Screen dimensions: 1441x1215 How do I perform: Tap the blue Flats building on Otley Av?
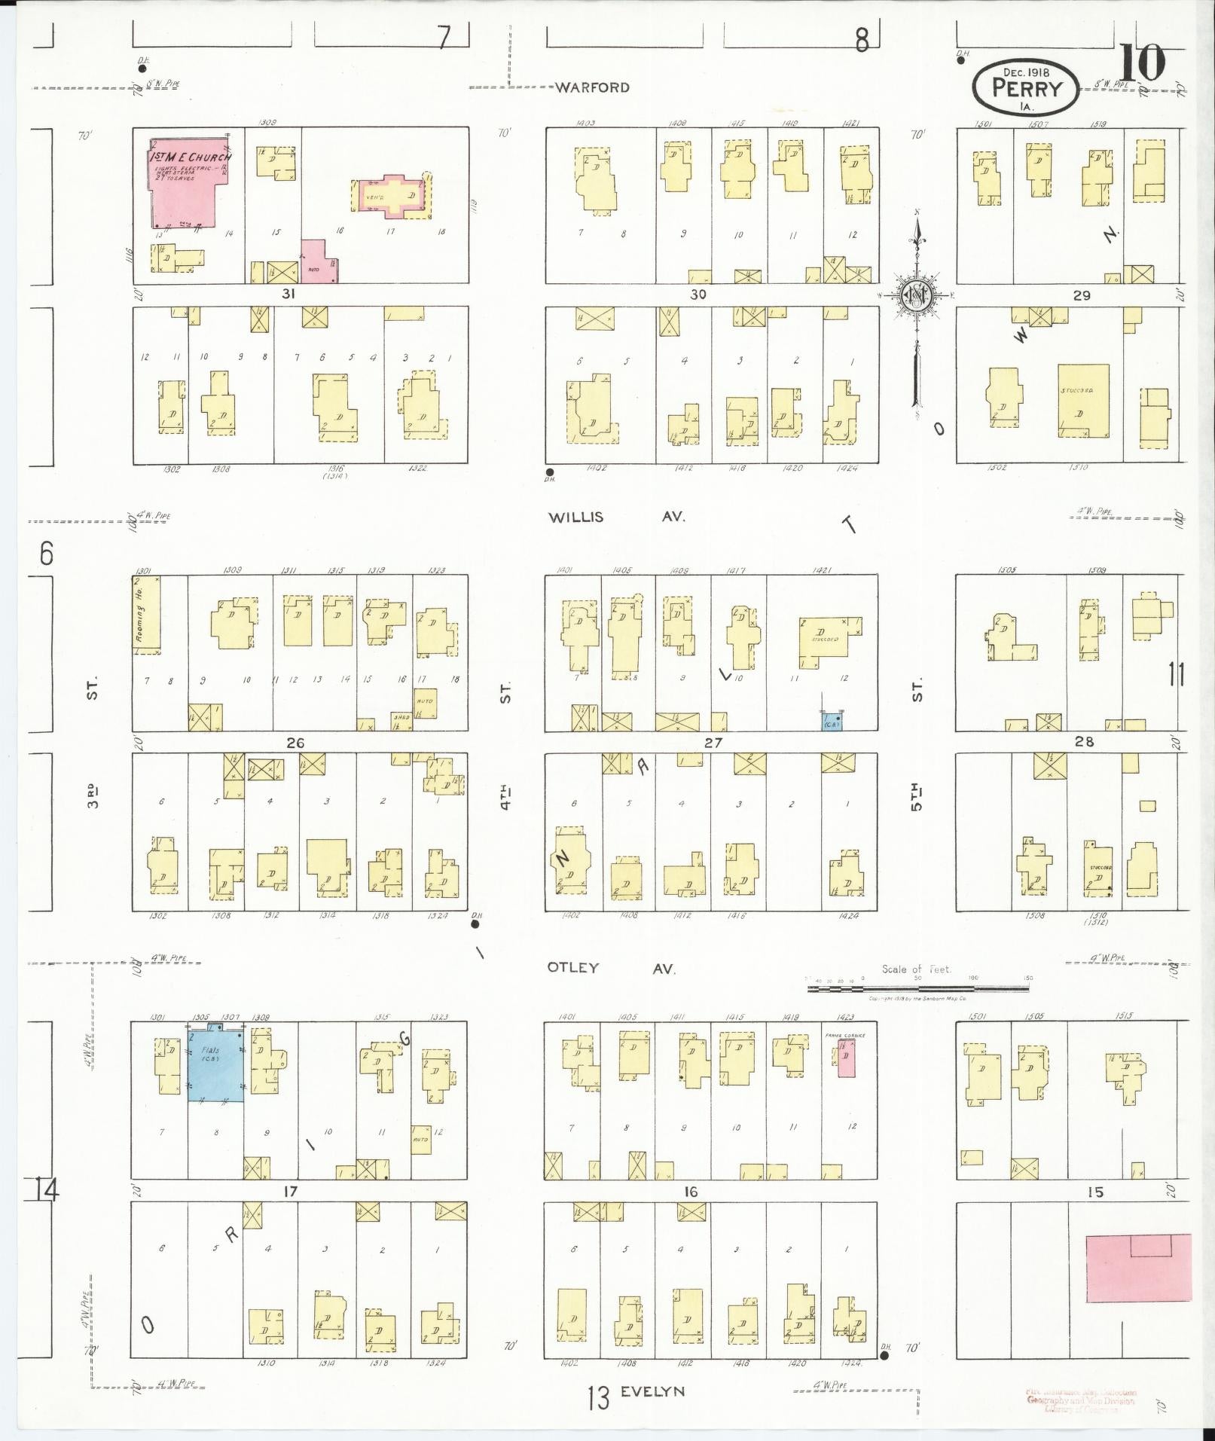[x=215, y=1064]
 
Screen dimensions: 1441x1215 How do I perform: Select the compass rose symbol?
[x=917, y=295]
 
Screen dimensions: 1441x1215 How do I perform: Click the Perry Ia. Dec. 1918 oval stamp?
[x=1026, y=87]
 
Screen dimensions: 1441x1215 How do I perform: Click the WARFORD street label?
[x=592, y=87]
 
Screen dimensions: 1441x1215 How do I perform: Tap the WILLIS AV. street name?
[x=616, y=517]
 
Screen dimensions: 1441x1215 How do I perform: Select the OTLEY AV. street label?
[x=611, y=968]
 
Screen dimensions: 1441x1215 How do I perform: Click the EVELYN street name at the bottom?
[x=653, y=1391]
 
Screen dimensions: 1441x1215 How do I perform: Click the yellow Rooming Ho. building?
[x=146, y=613]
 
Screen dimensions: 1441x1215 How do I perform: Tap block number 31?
[x=288, y=295]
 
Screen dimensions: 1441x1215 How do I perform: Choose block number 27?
[x=713, y=743]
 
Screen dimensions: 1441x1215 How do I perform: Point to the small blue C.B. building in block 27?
[x=832, y=721]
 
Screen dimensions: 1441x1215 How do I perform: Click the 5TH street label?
[x=916, y=797]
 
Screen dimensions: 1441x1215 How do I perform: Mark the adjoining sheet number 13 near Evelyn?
[x=598, y=1399]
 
